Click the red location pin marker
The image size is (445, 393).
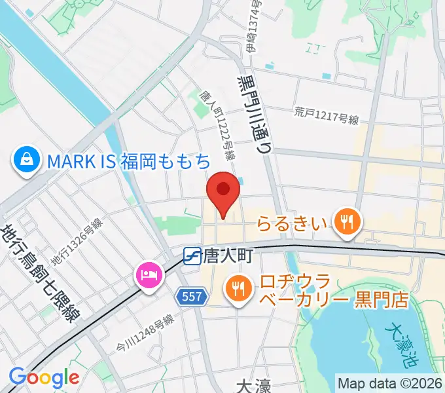pyautogui.click(x=223, y=192)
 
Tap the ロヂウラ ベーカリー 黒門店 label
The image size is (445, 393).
pyautogui.click(x=334, y=291)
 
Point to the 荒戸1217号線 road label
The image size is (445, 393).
pyautogui.click(x=327, y=119)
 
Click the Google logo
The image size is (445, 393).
pyautogui.click(x=44, y=377)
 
